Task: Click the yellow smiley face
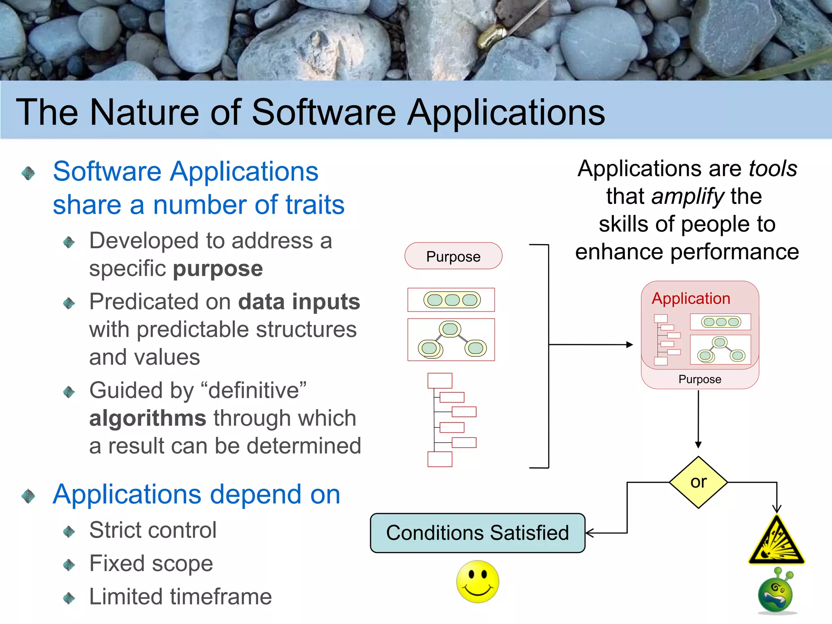[x=477, y=581]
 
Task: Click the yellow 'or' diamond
[x=698, y=482]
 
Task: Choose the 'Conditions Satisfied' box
[x=477, y=533]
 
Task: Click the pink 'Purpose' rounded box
[x=453, y=256]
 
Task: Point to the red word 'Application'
[x=691, y=299]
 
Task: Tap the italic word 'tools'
[x=773, y=169]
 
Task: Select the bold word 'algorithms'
[x=148, y=418]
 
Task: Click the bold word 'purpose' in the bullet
[x=218, y=269]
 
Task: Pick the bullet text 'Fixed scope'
[x=151, y=563]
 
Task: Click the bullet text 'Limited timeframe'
[x=180, y=597]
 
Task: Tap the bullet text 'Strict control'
[x=153, y=530]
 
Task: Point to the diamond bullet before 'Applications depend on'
[x=28, y=496]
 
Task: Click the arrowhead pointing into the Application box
[x=630, y=345]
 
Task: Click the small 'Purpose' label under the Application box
[x=700, y=379]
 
